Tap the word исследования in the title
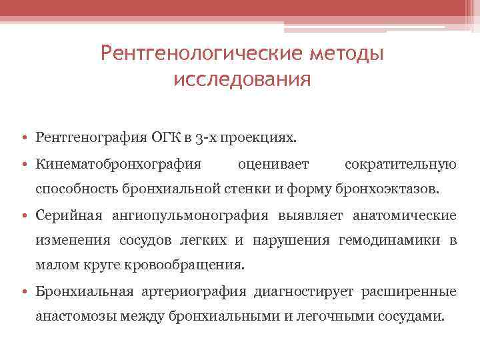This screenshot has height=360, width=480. (242, 80)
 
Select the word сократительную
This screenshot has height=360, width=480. (401, 165)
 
